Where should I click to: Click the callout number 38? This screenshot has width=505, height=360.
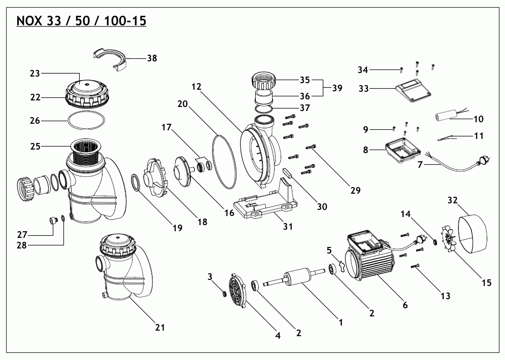click(x=152, y=58)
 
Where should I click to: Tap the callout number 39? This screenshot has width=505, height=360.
click(x=336, y=88)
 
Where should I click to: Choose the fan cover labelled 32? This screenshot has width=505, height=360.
click(x=473, y=231)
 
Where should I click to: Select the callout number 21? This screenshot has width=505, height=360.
click(x=160, y=328)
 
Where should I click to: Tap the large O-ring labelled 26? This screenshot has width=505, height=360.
click(x=87, y=122)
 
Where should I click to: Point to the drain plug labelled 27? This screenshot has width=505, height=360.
click(x=52, y=221)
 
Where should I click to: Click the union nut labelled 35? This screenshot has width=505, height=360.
click(x=264, y=80)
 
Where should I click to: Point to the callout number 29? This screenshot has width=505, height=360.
click(x=355, y=191)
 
